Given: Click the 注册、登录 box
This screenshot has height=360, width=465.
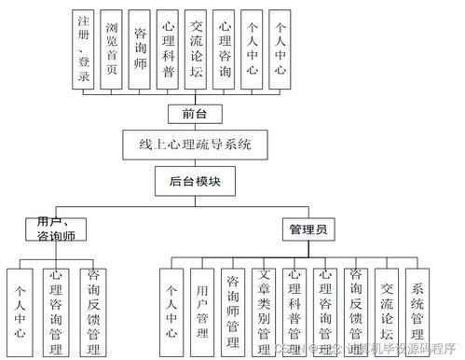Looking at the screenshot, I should (x=84, y=49).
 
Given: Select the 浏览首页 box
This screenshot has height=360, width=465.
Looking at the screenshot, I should (x=112, y=49).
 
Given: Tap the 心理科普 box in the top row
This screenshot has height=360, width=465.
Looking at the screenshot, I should (x=168, y=49).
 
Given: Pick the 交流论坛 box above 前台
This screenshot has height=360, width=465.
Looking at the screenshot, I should (x=196, y=49).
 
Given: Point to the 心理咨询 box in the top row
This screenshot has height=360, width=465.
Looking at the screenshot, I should (x=225, y=49).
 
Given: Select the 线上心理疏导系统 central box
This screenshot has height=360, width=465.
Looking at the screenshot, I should (x=195, y=145).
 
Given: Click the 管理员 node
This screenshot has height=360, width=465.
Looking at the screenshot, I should (x=308, y=228).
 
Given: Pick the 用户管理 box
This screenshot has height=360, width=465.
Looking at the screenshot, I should (x=201, y=303).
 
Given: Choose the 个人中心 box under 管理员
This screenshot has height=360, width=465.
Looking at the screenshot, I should (x=171, y=303).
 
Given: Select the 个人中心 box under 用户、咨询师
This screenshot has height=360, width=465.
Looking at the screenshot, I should (x=20, y=303).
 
